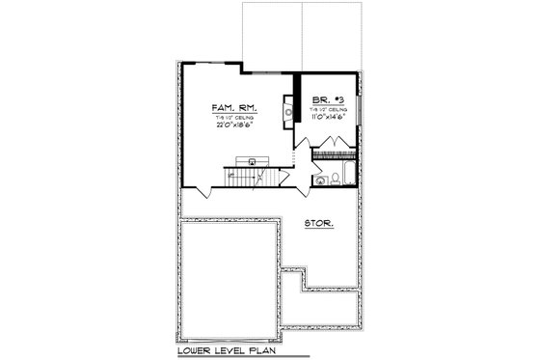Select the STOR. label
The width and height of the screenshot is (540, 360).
click(319, 224)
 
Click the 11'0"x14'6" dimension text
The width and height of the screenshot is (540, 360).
click(328, 118)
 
